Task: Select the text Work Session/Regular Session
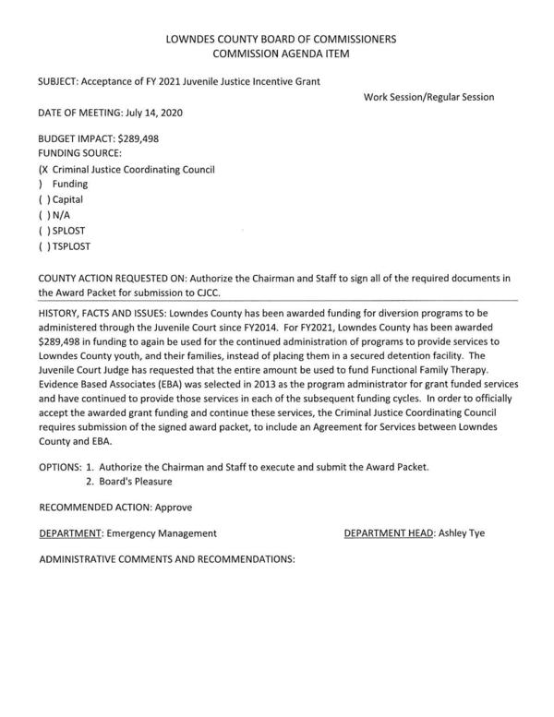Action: coord(428,97)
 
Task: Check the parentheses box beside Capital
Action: coord(43,198)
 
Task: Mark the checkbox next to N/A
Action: coord(43,214)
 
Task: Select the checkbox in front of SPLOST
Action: coord(43,231)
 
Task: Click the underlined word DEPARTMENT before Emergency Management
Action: coord(70,532)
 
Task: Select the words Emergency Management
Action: coord(162,532)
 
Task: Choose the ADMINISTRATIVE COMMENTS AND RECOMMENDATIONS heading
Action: coord(167,559)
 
